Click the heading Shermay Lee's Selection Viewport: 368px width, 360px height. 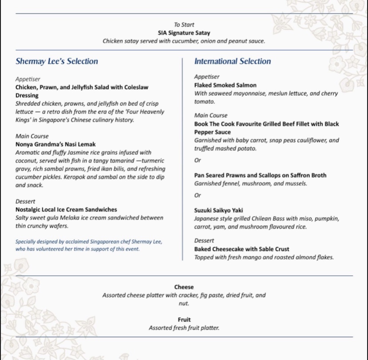click(x=57, y=61)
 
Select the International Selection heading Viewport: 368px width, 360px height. click(x=232, y=61)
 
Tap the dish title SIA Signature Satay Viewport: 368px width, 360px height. click(x=184, y=33)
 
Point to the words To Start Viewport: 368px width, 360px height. click(x=184, y=25)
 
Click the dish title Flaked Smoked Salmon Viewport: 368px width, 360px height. click(x=225, y=85)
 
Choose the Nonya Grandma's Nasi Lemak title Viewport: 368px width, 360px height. click(x=56, y=144)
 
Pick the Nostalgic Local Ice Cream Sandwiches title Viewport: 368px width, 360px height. click(x=66, y=210)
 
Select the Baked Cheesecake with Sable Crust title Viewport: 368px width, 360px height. click(x=242, y=249)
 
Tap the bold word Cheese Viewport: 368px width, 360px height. click(x=184, y=287)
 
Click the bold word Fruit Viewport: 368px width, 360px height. click(x=184, y=320)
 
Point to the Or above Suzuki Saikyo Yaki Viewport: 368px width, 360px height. click(x=198, y=195)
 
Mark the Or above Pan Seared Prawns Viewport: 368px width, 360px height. click(x=198, y=160)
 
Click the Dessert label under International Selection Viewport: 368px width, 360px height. click(x=204, y=241)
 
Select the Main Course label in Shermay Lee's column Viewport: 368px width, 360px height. click(x=32, y=136)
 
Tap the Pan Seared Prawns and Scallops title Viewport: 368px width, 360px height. click(x=260, y=175)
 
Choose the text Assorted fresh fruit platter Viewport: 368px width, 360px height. click(x=184, y=328)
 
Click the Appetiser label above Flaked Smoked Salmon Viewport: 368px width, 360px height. click(x=207, y=77)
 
